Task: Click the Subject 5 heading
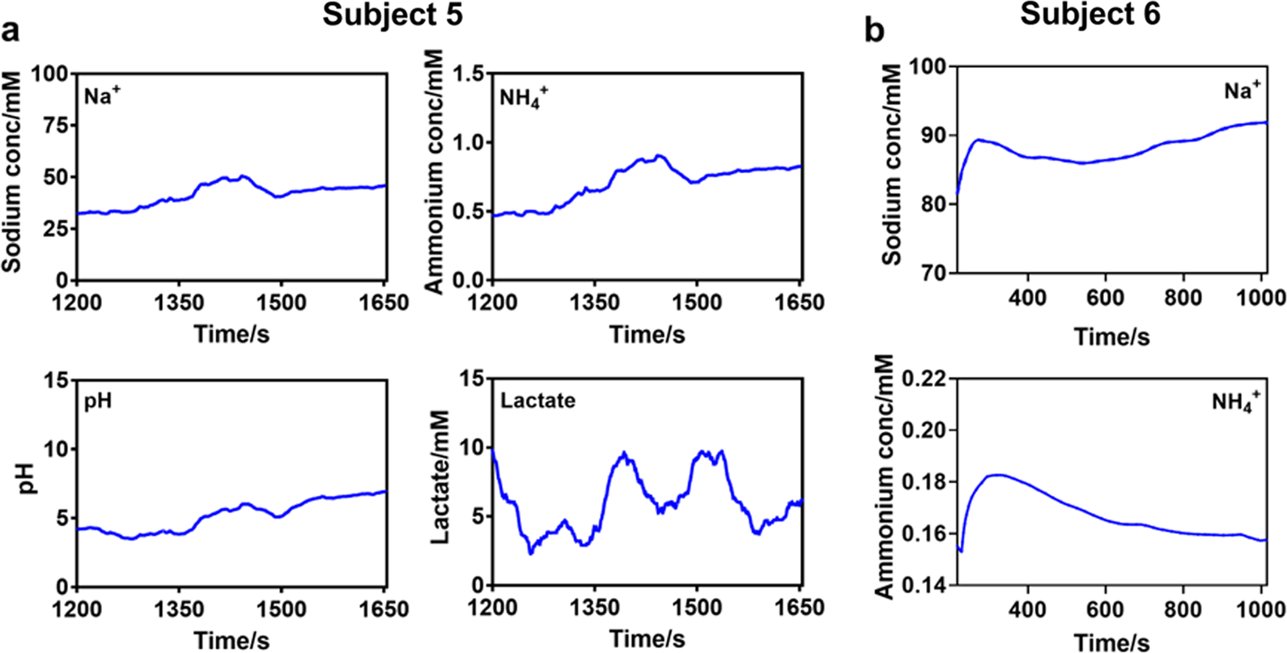point(393,15)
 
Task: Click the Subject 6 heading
point(1089,15)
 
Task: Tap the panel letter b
point(874,32)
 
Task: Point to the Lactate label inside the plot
point(537,401)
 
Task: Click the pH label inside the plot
point(98,401)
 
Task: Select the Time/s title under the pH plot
point(231,640)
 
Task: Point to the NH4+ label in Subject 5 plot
point(524,99)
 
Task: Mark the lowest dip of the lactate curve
point(530,553)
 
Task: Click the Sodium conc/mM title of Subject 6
point(891,166)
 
